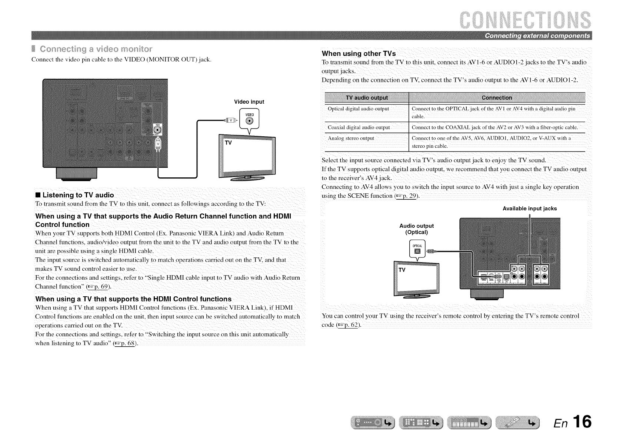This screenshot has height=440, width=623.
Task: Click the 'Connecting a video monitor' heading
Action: pyautogui.click(x=96, y=49)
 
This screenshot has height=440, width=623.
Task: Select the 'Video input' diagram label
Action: pyautogui.click(x=249, y=102)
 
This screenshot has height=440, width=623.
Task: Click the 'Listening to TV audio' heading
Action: pyautogui.click(x=78, y=195)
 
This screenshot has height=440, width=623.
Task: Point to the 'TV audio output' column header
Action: pyautogui.click(x=366, y=98)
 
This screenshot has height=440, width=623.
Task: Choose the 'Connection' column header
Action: pyautogui.click(x=497, y=98)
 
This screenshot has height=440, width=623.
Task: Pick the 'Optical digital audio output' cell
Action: pyautogui.click(x=358, y=109)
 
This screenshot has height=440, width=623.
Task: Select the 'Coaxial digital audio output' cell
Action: pyautogui.click(x=359, y=128)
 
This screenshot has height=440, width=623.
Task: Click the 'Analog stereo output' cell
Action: pyautogui.click(x=351, y=139)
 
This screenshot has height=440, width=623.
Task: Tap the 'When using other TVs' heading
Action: pyautogui.click(x=359, y=53)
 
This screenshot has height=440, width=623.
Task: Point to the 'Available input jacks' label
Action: pyautogui.click(x=529, y=209)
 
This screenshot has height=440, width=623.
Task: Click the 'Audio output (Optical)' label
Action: pyautogui.click(x=416, y=229)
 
